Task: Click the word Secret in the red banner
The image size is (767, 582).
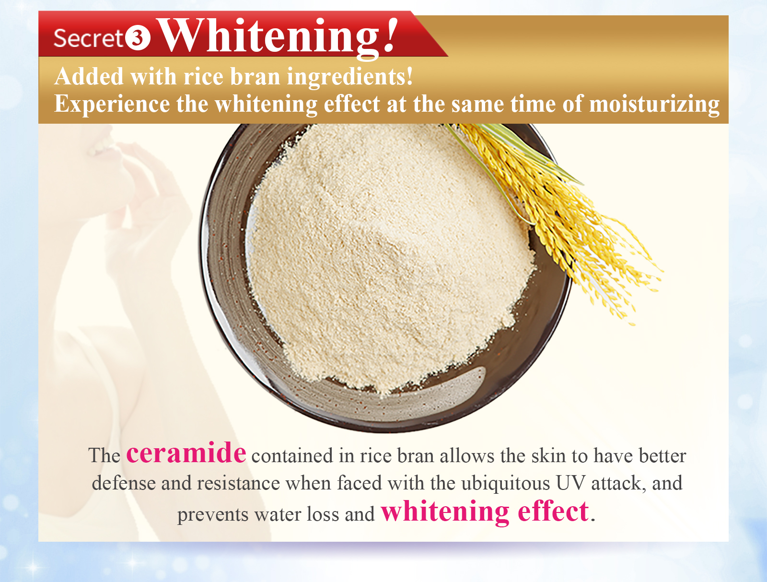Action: pyautogui.click(x=88, y=38)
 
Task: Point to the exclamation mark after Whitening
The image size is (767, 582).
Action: pyautogui.click(x=390, y=35)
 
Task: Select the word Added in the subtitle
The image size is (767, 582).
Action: pyautogui.click(x=89, y=76)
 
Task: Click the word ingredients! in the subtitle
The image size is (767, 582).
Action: pyautogui.click(x=349, y=78)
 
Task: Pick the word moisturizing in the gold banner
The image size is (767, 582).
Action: pyautogui.click(x=654, y=105)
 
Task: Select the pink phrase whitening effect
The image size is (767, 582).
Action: pyautogui.click(x=485, y=512)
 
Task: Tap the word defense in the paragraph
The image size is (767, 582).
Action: pyautogui.click(x=124, y=483)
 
